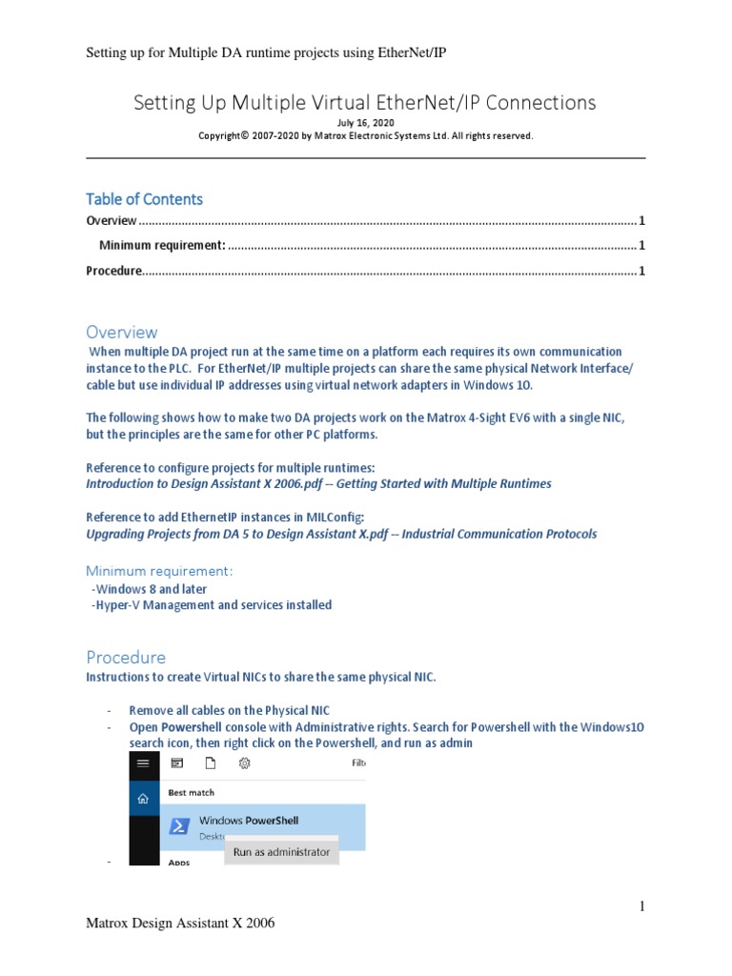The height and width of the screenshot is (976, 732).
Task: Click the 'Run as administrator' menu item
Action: [x=281, y=851]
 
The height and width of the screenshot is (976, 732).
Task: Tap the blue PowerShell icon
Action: [x=178, y=826]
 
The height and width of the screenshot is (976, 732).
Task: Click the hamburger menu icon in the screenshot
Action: [x=143, y=762]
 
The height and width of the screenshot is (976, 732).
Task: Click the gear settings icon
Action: [x=244, y=762]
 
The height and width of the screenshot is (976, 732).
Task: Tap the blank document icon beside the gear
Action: [x=211, y=762]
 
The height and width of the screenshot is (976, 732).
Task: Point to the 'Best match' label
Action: [x=192, y=792]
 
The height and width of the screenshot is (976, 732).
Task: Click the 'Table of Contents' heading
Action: [x=144, y=199]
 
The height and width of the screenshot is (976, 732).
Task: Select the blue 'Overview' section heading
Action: [x=122, y=332]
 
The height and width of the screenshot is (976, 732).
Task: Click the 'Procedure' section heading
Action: [x=126, y=657]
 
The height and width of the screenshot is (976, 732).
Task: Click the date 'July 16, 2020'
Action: [x=365, y=123]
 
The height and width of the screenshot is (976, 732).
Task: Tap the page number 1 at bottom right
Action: [x=642, y=905]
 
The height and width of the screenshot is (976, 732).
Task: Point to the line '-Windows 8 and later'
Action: [x=149, y=589]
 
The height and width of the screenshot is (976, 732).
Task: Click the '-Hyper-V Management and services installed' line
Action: [x=211, y=605]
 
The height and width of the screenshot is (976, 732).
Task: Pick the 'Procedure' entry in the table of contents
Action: [x=113, y=271]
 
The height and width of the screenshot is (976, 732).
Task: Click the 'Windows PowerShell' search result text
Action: [x=244, y=820]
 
